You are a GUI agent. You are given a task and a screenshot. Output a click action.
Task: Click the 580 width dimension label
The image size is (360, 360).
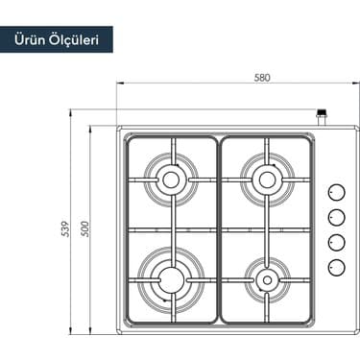click(262, 78)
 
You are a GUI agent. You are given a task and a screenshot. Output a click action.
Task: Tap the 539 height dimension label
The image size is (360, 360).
click(65, 228)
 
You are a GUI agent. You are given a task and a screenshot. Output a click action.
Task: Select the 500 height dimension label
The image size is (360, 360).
click(84, 228)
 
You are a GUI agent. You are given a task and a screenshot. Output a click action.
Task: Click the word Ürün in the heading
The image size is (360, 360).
click(30, 39)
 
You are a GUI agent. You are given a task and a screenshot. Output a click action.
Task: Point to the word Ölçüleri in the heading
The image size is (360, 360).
click(74, 40)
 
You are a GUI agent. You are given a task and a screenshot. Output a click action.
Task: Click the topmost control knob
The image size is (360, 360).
click(337, 193)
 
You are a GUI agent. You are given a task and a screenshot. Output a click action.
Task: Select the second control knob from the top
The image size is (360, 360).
click(337, 218)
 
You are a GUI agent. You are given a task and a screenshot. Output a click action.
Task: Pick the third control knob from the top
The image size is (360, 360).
click(337, 242)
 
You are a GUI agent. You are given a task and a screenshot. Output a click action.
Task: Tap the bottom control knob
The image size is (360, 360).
click(337, 267)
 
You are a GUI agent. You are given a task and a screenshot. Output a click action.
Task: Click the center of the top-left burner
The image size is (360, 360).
click(171, 180)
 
